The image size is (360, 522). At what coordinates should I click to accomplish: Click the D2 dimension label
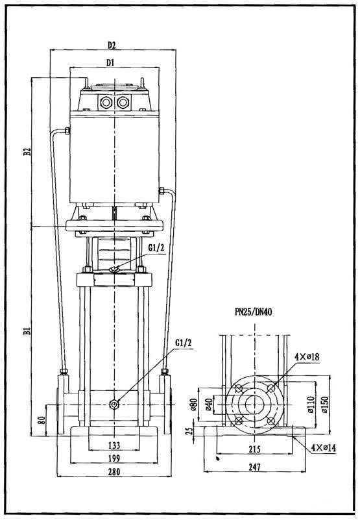[112, 45]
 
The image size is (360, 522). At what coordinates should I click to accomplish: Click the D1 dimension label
[110, 62]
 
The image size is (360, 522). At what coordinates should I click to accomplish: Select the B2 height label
[27, 151]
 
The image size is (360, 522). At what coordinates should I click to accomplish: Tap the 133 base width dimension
[114, 445]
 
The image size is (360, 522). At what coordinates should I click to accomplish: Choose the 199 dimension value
[114, 458]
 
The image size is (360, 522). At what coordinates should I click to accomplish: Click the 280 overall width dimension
[114, 471]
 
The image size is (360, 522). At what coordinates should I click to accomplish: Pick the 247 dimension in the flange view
[254, 467]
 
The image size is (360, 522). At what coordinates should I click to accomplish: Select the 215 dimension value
[254, 449]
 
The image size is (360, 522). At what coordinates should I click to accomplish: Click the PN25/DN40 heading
[253, 312]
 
